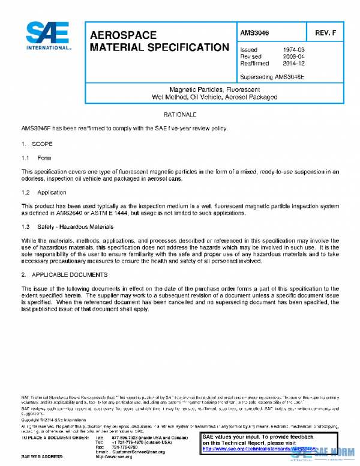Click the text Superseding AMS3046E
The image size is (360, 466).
point(272,77)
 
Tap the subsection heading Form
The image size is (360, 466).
point(44,158)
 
